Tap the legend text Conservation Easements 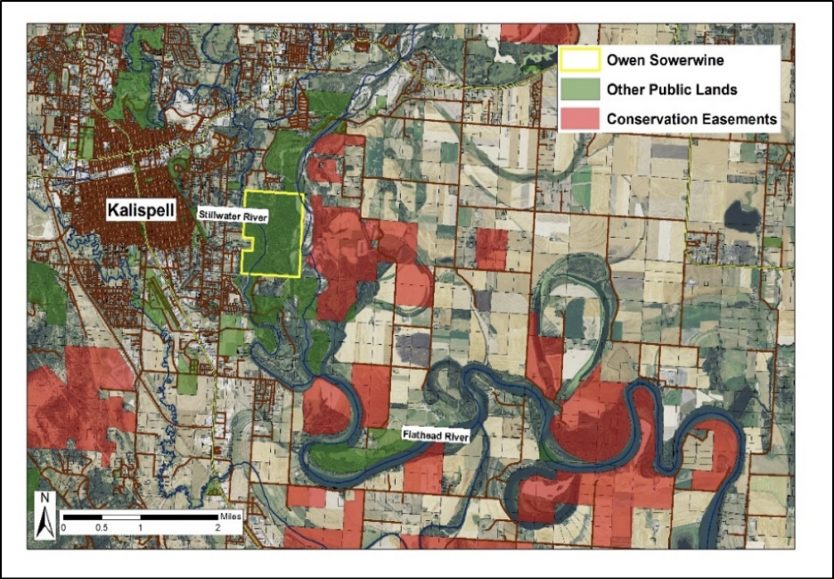pyautogui.click(x=691, y=118)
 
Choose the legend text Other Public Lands pyautogui.click(x=672, y=90)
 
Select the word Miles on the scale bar pyautogui.click(x=229, y=514)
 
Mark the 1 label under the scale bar pyautogui.click(x=140, y=528)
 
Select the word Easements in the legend pyautogui.click(x=740, y=118)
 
